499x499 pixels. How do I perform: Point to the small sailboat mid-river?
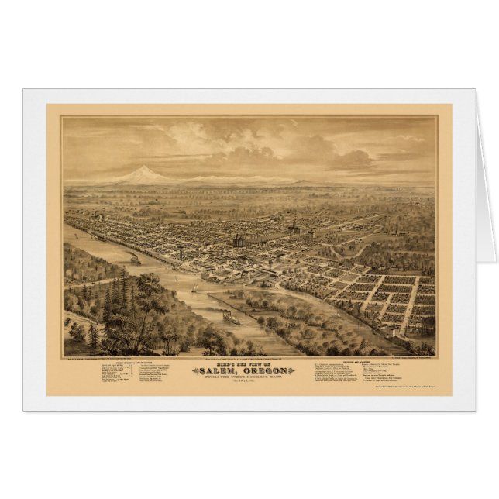click(x=193, y=291)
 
